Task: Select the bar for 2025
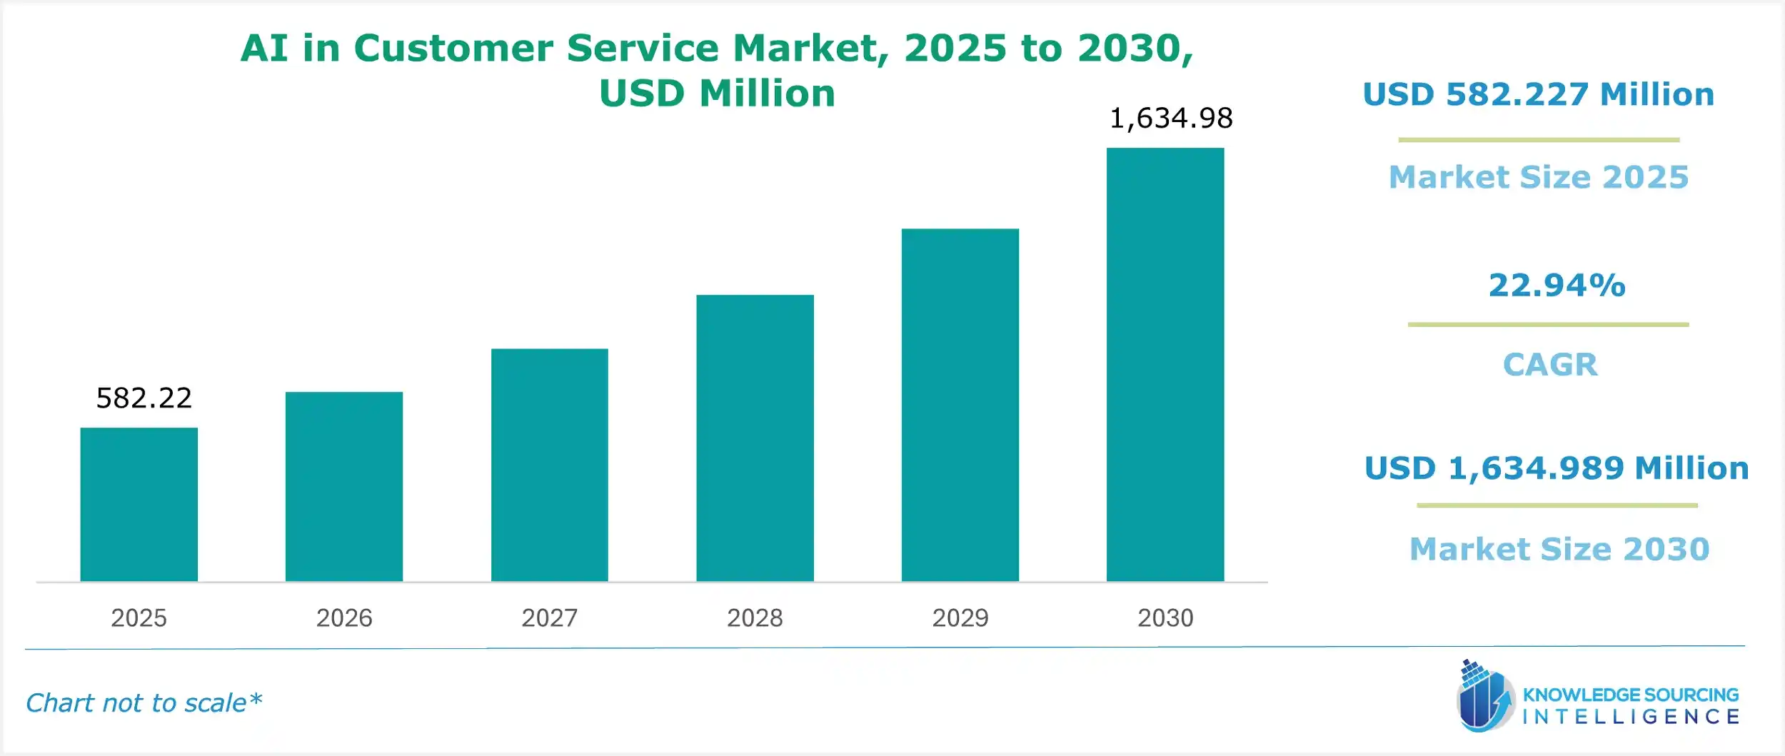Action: [139, 504]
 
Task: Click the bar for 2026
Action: [344, 486]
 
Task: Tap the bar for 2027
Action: [549, 465]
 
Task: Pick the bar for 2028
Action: [755, 438]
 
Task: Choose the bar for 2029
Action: [960, 405]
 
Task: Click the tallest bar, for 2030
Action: [1165, 364]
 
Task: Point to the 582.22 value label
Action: [144, 398]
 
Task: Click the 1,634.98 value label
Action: [1171, 119]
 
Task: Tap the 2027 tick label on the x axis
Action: [549, 618]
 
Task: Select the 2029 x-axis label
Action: [960, 618]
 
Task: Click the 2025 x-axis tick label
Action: [139, 618]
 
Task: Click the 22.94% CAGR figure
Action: [1557, 286]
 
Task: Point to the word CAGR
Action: [1550, 365]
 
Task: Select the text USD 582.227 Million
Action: [1539, 95]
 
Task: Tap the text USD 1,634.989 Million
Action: [1557, 468]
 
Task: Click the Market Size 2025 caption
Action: [1539, 177]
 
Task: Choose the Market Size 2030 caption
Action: [1559, 549]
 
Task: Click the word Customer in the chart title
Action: [453, 49]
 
